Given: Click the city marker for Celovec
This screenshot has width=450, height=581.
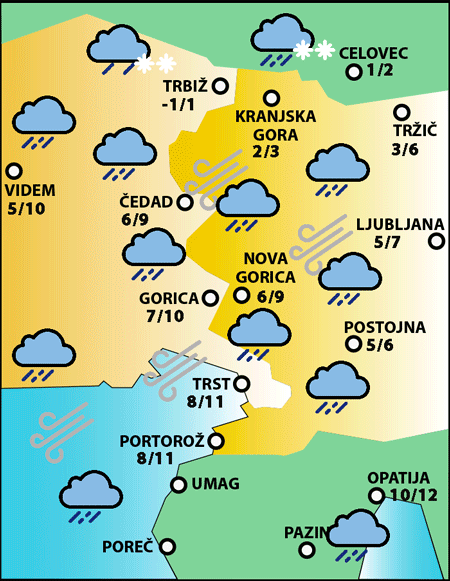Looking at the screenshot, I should coord(353,72).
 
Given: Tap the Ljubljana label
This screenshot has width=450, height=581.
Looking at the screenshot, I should coord(393,224).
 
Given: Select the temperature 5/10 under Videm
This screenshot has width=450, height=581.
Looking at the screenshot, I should coord(26,209).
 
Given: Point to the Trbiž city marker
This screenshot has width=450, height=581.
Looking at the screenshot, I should coord(220,86).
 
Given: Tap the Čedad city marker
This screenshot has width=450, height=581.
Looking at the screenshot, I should coord(185,202).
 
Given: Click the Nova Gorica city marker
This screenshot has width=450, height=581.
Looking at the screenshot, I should coord(241,294).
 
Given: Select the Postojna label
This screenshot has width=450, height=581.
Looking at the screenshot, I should coord(385,327).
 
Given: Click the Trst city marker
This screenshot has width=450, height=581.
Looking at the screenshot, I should coord(241,382).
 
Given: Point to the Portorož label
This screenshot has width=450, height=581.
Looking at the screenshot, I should coord(162,441).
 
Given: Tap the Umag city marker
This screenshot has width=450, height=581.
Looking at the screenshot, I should coord(179,485).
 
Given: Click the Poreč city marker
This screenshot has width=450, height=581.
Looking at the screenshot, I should coord(168,546).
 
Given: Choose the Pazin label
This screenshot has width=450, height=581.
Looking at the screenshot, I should coord(304,532).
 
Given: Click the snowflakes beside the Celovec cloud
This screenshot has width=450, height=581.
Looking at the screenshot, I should coord(313,50).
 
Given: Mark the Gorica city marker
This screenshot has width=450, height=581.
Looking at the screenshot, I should coord(210,297).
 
